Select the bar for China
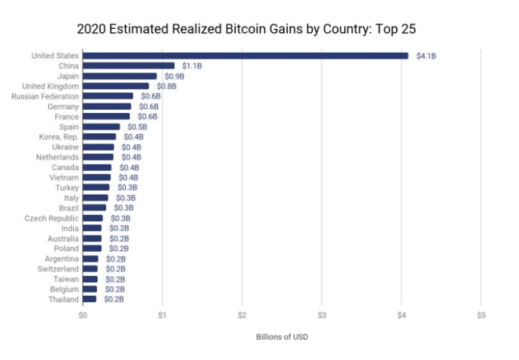(x=128, y=66)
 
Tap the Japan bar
(x=120, y=76)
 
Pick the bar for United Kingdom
(x=116, y=86)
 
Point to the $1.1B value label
(x=192, y=66)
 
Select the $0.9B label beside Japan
(x=174, y=76)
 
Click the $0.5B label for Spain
(x=137, y=127)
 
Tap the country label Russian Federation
(x=45, y=96)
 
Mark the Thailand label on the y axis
(x=63, y=299)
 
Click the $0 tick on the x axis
(x=83, y=316)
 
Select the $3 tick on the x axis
(x=321, y=316)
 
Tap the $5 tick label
(x=480, y=316)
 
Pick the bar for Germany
(x=107, y=107)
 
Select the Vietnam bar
(x=96, y=177)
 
